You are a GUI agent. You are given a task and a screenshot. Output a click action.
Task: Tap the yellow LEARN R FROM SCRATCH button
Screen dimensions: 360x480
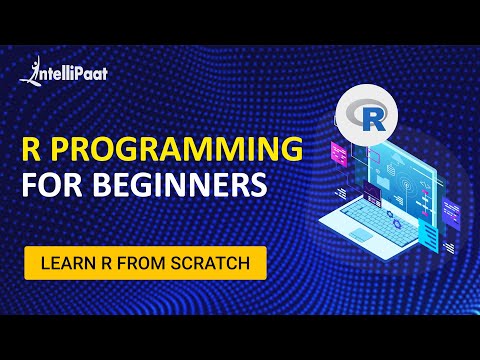coord(146,263)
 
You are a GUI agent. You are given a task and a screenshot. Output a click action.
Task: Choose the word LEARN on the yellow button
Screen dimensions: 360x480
coord(66,263)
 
